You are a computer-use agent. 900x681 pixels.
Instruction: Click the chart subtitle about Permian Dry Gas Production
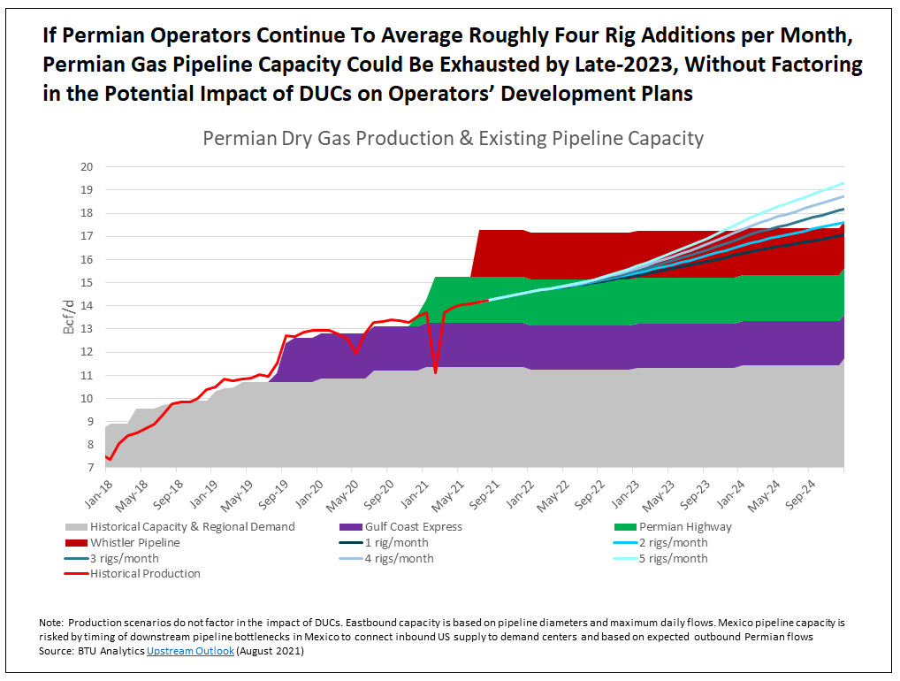click(x=453, y=138)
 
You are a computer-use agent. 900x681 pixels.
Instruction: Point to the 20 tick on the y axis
click(x=87, y=167)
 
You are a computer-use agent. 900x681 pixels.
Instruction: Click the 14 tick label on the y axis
click(x=87, y=306)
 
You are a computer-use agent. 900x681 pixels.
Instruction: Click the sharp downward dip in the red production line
click(x=436, y=372)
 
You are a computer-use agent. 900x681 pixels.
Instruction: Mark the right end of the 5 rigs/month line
click(x=843, y=183)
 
